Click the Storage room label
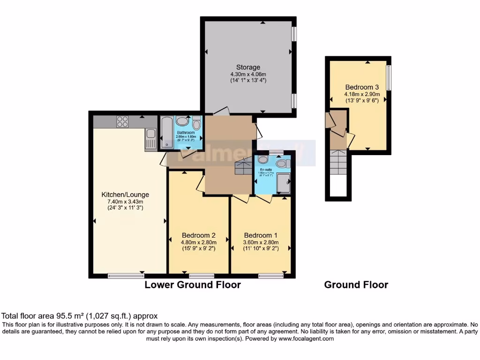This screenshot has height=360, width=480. pyautogui.click(x=248, y=67)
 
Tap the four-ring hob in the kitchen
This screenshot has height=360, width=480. pyautogui.click(x=122, y=121)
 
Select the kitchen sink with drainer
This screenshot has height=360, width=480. pyautogui.click(x=150, y=139)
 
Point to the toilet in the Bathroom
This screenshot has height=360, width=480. pyautogui.click(x=196, y=123)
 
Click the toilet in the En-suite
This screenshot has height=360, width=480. pyautogui.click(x=282, y=164)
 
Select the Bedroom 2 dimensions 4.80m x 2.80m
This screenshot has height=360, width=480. pyautogui.click(x=198, y=242)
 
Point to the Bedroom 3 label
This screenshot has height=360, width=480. pyautogui.click(x=362, y=87)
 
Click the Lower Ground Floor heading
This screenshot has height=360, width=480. pyautogui.click(x=193, y=285)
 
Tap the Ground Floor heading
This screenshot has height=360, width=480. pyautogui.click(x=356, y=285)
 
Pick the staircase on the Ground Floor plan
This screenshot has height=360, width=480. pyautogui.click(x=337, y=162)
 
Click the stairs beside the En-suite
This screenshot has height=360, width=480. pyautogui.click(x=243, y=166)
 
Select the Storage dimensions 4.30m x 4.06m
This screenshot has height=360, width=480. pyautogui.click(x=248, y=74)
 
